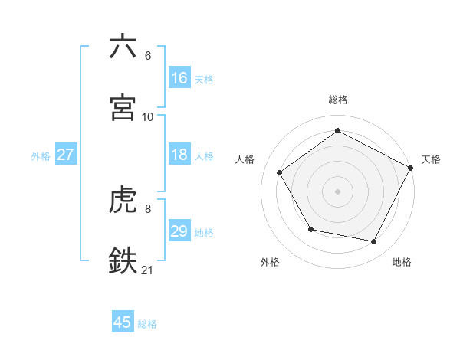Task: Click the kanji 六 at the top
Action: (123, 47)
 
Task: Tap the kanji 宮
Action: (123, 108)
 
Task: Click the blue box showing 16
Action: (179, 77)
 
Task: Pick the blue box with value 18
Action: (179, 155)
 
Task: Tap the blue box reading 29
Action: (179, 231)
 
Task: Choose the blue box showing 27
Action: (66, 155)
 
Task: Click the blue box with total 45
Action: (123, 322)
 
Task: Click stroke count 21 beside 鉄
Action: (148, 269)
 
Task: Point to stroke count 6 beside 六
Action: (147, 55)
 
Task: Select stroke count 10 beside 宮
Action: (148, 116)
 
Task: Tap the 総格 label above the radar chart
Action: (338, 100)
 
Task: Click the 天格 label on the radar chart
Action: (431, 159)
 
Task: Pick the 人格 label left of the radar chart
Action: (245, 159)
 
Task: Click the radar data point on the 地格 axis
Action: (374, 242)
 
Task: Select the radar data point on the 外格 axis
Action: (310, 229)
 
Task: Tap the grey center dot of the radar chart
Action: (338, 191)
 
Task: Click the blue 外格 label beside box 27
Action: (41, 155)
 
